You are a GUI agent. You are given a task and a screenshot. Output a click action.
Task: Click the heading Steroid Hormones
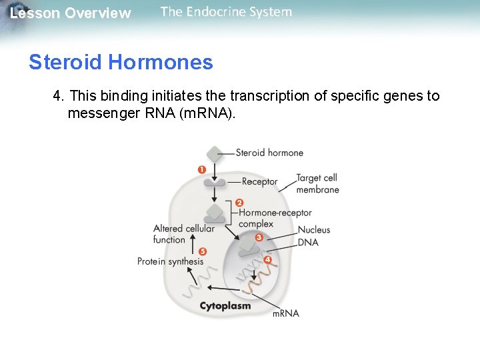coord(121,63)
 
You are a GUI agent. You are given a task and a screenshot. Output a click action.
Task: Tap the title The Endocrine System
coord(226,12)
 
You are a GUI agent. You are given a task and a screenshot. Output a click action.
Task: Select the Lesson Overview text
coord(71,13)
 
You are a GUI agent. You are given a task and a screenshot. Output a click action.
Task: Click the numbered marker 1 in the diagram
coord(202,170)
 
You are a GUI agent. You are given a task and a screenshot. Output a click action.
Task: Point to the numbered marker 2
coord(240,203)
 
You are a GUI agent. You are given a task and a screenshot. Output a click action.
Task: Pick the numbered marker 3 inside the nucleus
coord(259,237)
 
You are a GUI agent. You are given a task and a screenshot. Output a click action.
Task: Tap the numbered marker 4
coord(267,259)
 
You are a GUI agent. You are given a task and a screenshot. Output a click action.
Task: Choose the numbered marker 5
coord(203,251)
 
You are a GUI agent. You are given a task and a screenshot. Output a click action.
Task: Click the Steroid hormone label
coord(269,153)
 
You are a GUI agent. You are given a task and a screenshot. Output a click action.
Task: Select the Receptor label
coord(260,181)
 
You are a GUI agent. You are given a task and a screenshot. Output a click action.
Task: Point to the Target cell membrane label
coord(317,184)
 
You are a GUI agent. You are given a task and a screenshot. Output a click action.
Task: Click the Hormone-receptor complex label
coord(275,218)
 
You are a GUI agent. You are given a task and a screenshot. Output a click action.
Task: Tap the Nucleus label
coord(314,230)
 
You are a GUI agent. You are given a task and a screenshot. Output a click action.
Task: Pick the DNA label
coord(308,242)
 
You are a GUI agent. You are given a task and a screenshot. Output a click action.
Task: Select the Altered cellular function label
coord(183,234)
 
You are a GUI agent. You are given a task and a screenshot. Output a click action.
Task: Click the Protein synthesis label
coord(170,261)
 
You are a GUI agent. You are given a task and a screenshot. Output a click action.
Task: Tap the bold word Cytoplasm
coord(225,306)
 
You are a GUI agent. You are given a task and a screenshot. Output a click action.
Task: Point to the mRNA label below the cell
coord(286,313)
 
